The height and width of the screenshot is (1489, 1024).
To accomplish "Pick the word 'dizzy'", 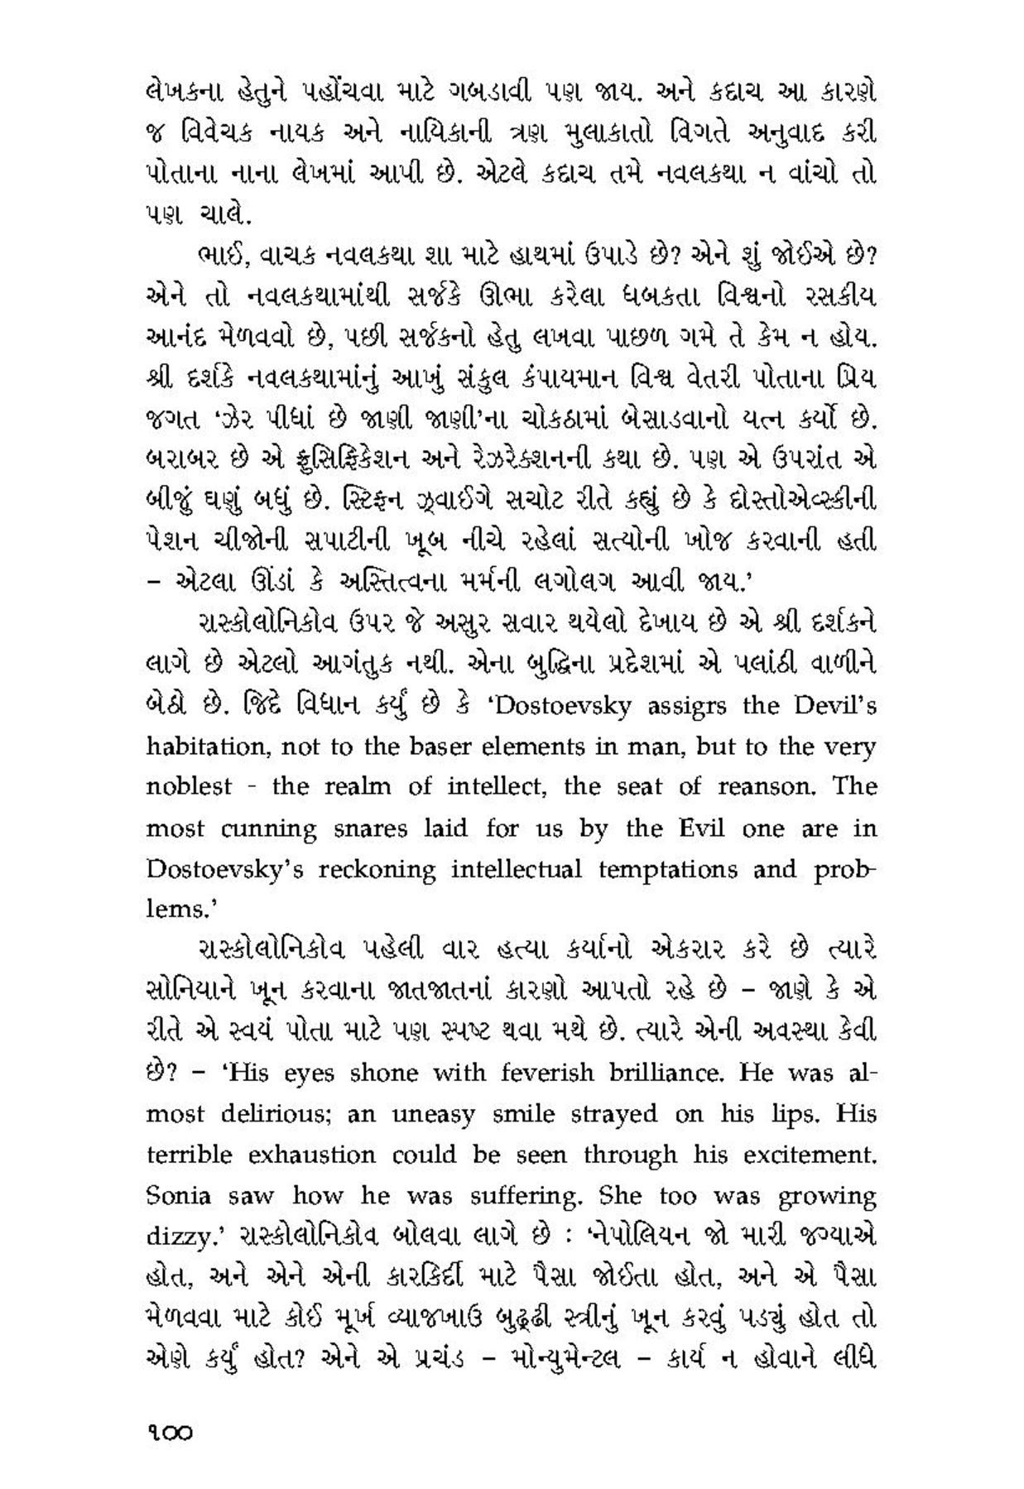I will (x=174, y=1238).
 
